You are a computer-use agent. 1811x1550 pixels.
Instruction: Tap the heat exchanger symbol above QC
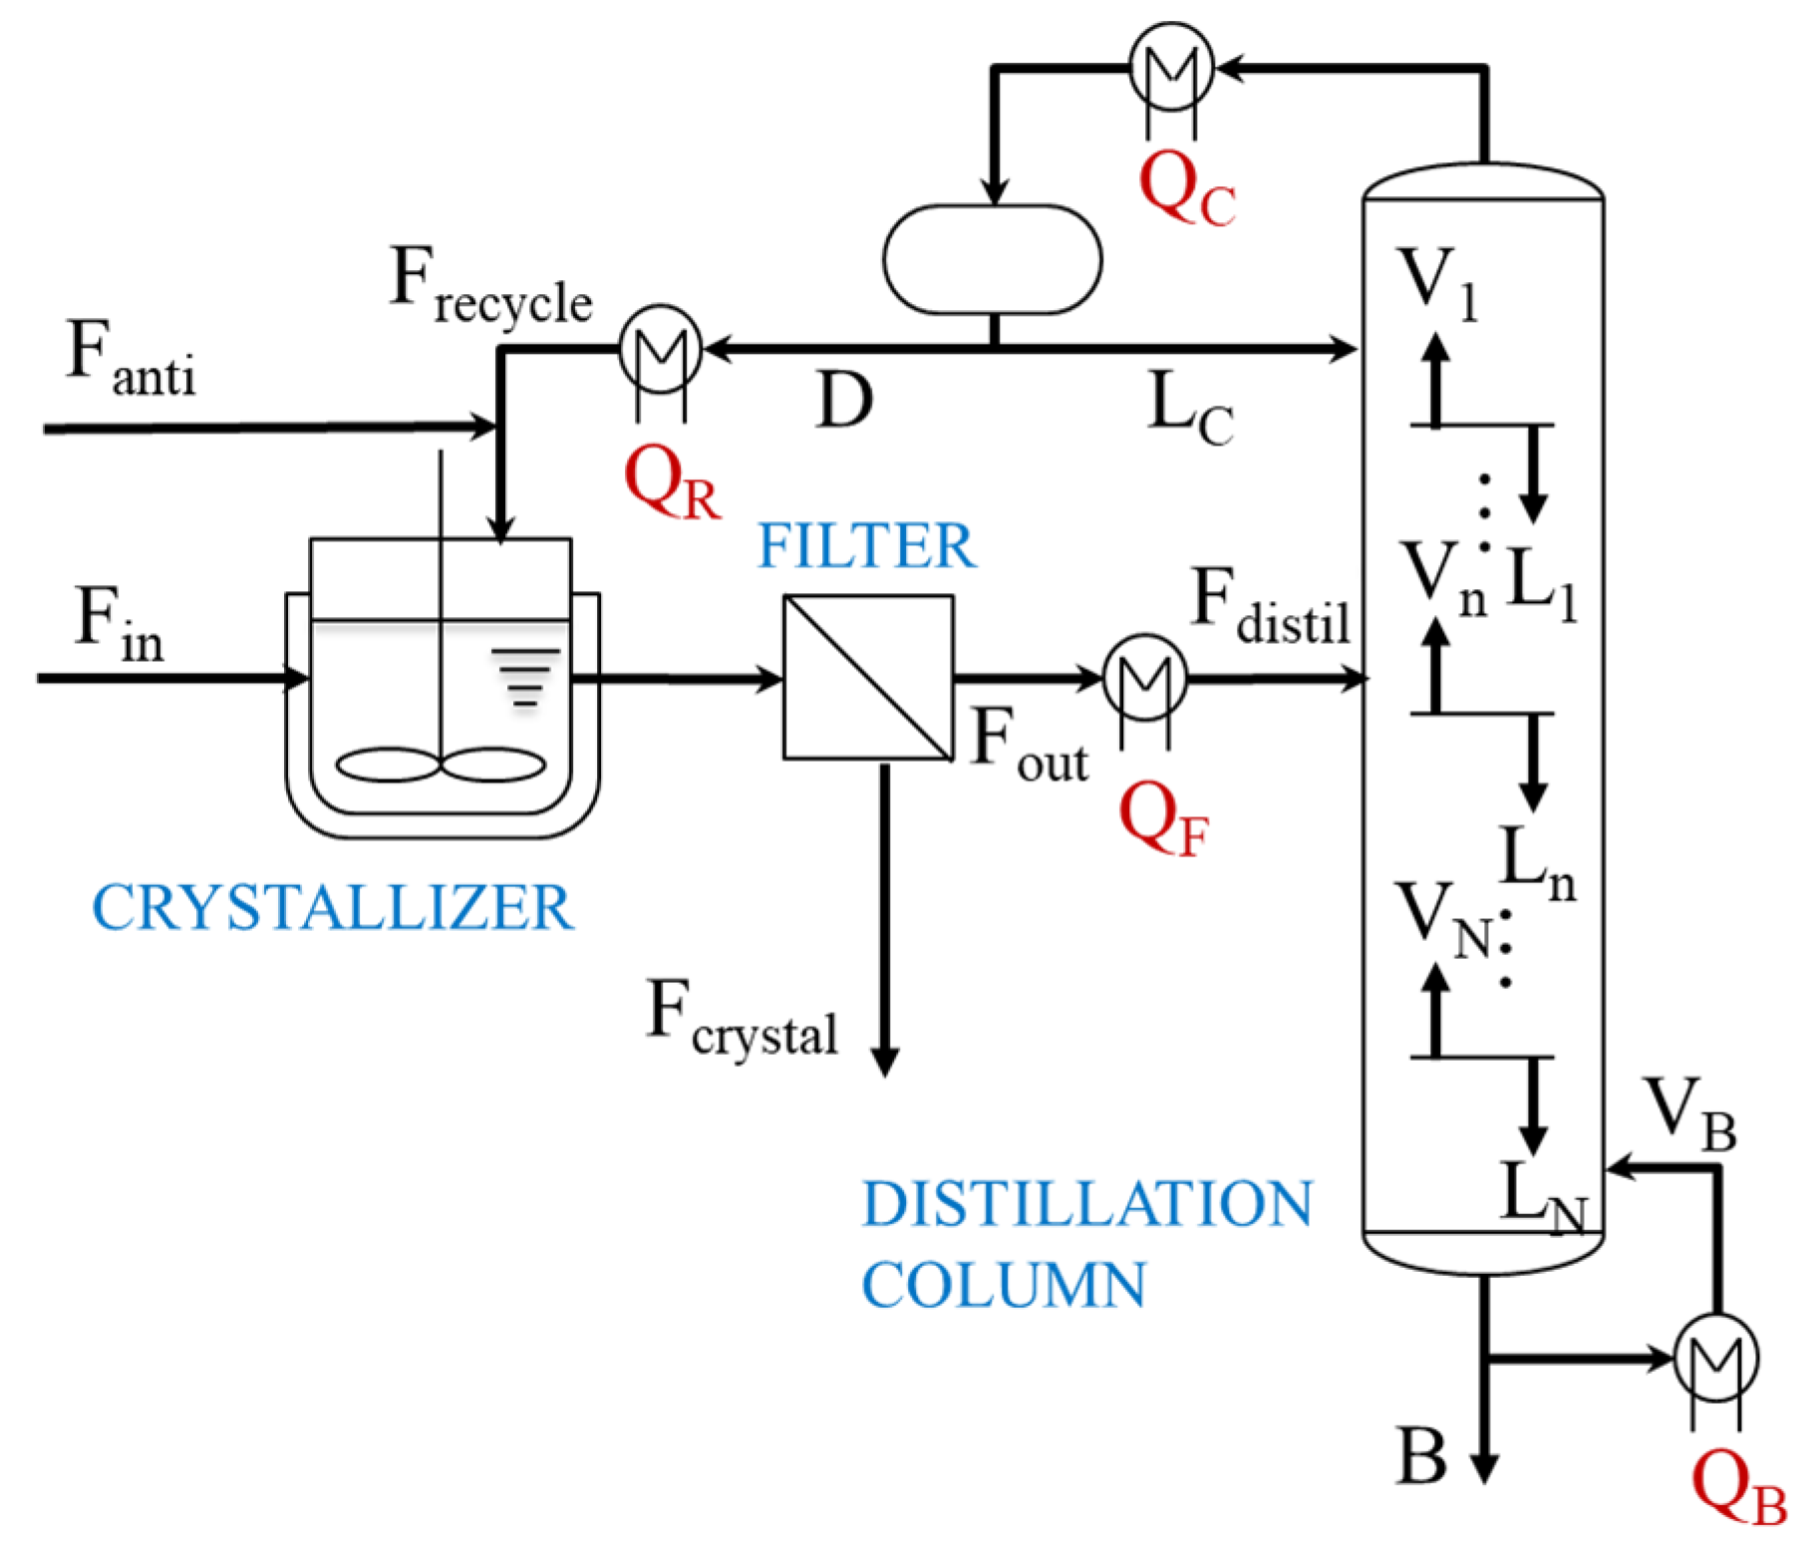[1171, 67]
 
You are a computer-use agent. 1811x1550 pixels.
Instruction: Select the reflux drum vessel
[993, 259]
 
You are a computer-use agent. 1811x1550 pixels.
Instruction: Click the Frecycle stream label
[491, 286]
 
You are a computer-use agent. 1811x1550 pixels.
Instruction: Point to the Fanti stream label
[130, 360]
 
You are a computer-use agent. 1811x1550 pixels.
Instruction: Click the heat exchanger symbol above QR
[660, 349]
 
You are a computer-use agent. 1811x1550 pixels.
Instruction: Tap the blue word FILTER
[867, 546]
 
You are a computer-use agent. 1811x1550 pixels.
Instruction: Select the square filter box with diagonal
[868, 678]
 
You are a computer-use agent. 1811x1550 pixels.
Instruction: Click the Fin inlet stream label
[119, 624]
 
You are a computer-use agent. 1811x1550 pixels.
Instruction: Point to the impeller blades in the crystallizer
[441, 765]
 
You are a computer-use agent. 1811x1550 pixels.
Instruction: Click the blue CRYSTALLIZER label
[333, 908]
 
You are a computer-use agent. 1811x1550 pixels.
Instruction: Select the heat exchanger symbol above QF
[1145, 678]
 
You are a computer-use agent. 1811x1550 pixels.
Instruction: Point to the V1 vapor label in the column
[1438, 283]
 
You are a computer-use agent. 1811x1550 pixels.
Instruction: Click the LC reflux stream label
[1190, 409]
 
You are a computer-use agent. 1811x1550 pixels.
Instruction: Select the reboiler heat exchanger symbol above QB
[1715, 1358]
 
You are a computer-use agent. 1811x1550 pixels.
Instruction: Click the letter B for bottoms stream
[1421, 1456]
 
